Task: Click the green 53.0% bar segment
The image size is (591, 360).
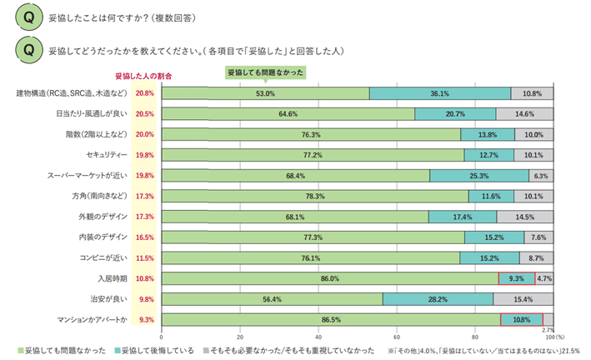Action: pyautogui.click(x=265, y=93)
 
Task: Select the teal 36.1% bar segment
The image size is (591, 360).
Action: pyautogui.click(x=439, y=93)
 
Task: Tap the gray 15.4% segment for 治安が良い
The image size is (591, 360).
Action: pyautogui.click(x=523, y=299)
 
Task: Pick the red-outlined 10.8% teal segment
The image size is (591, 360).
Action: pyautogui.click(x=521, y=319)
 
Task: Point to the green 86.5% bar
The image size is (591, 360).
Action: pyautogui.click(x=330, y=319)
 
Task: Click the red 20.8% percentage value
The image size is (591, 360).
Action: pyautogui.click(x=145, y=93)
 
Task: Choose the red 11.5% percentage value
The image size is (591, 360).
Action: pyautogui.click(x=145, y=257)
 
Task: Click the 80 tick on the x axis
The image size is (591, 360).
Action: pyautogui.click(x=474, y=336)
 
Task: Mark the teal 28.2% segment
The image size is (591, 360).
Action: pyautogui.click(x=437, y=299)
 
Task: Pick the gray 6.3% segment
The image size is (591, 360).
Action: pyautogui.click(x=540, y=176)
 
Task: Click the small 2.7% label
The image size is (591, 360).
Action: pyautogui.click(x=548, y=330)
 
